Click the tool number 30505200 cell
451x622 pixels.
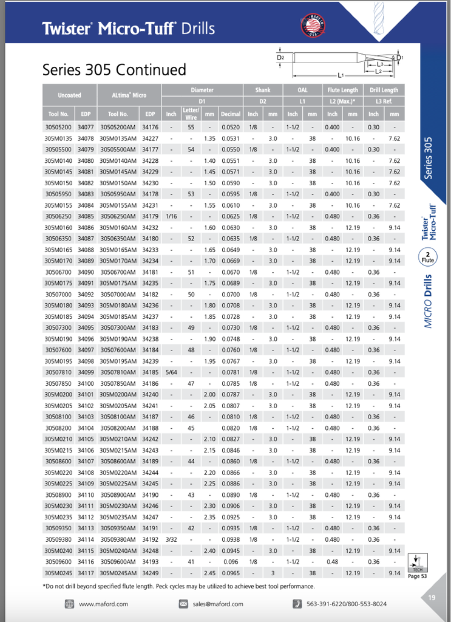pyautogui.click(x=58, y=128)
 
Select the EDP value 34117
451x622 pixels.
pyautogui.click(x=86, y=573)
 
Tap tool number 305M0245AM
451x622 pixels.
pyautogui.click(x=118, y=573)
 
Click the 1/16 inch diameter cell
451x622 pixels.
pyautogui.click(x=171, y=216)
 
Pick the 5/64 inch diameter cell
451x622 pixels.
pyautogui.click(x=171, y=372)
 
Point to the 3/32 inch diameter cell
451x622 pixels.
pyautogui.click(x=171, y=539)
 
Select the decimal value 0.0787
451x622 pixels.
pyautogui.click(x=231, y=395)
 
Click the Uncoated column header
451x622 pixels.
pyautogui.click(x=69, y=95)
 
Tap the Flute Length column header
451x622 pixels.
pyautogui.click(x=343, y=91)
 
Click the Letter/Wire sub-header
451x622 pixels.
pyautogui.click(x=191, y=114)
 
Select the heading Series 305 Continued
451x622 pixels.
pyautogui.click(x=114, y=70)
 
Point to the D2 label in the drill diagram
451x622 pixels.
pyautogui.click(x=280, y=57)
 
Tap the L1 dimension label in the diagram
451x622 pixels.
pyautogui.click(x=341, y=75)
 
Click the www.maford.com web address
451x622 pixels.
pyautogui.click(x=103, y=604)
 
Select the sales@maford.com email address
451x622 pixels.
pyautogui.click(x=218, y=604)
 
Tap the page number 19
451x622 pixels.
pyautogui.click(x=431, y=598)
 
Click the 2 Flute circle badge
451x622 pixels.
pyautogui.click(x=428, y=257)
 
